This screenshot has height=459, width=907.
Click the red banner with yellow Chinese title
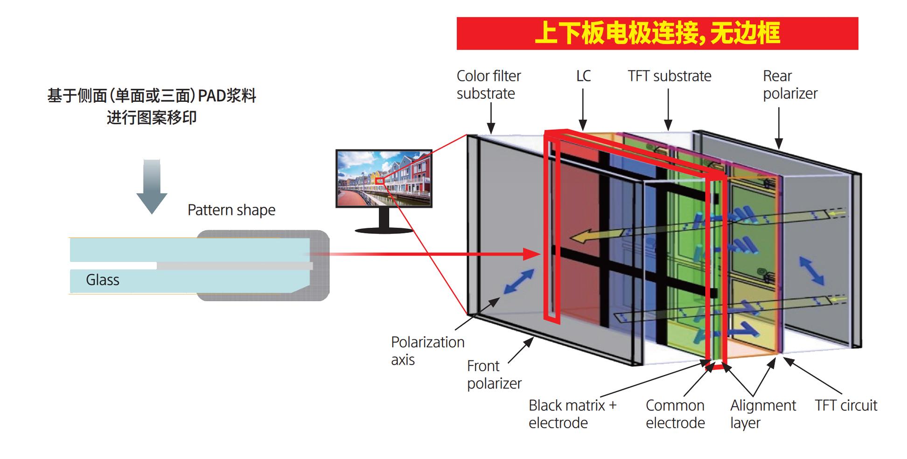(x=657, y=33)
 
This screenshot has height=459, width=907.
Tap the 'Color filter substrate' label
(x=488, y=85)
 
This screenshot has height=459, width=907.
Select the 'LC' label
(x=583, y=76)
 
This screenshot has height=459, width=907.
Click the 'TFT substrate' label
(x=669, y=76)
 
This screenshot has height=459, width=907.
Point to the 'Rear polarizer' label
(x=790, y=85)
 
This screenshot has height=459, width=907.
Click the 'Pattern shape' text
(x=231, y=210)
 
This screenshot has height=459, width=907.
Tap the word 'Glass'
(x=102, y=280)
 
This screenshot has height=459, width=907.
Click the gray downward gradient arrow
(x=152, y=186)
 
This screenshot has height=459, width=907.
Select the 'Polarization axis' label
(x=427, y=351)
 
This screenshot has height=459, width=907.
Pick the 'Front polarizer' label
(x=494, y=374)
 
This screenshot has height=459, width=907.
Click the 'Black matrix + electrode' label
(x=572, y=414)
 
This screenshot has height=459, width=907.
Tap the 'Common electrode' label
(x=675, y=414)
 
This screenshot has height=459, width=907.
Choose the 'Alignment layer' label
(x=763, y=414)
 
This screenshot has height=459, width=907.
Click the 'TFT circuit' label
(x=845, y=405)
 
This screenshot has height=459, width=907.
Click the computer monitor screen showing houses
(x=384, y=178)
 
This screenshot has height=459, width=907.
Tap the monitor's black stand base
(x=384, y=230)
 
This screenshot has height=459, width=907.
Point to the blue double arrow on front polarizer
(x=519, y=282)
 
